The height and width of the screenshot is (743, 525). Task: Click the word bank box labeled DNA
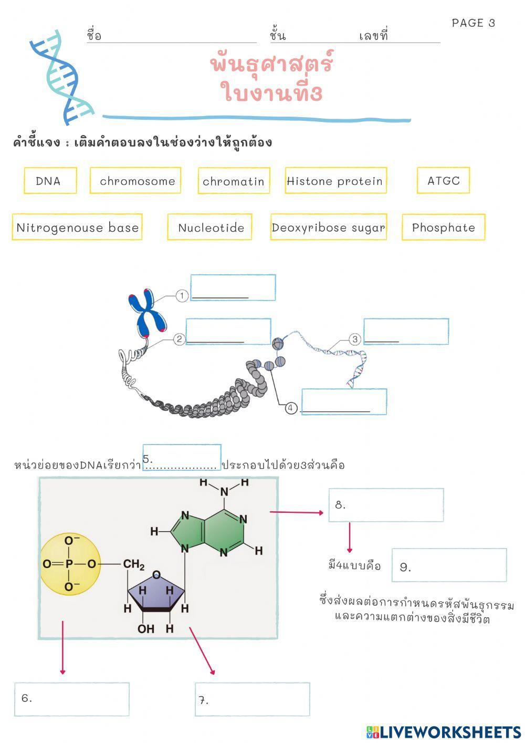pos(50,181)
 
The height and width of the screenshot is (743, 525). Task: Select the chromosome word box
pos(135,181)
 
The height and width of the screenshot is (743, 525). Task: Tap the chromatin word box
pos(234,181)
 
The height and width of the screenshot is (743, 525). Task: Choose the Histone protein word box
pos(335,181)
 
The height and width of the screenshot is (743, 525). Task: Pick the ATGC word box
pos(443,181)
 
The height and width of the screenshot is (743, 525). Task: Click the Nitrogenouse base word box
pos(77,228)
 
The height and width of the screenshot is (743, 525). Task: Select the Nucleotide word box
pos(210,228)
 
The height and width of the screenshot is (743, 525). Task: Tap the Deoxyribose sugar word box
pos(329,228)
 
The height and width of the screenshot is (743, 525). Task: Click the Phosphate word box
pos(443,228)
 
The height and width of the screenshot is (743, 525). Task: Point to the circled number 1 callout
pos(182,296)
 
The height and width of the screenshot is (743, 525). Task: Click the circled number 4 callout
pos(291,408)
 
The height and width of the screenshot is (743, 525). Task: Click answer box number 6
pos(72,699)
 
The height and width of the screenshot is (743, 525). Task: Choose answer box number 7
pos(252,699)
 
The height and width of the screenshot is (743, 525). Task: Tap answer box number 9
pos(449,565)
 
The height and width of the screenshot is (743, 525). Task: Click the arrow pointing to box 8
pos(297,512)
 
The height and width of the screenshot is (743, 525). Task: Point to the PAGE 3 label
pos(473,23)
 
